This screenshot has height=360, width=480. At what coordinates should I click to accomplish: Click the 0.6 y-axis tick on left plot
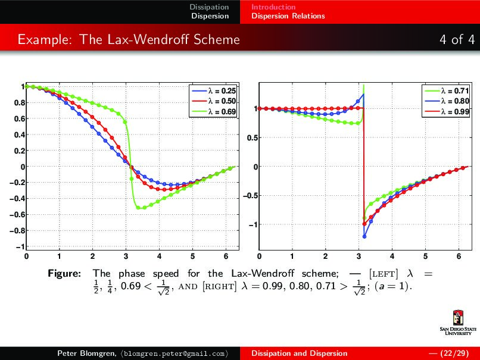pyautogui.click(x=18, y=119)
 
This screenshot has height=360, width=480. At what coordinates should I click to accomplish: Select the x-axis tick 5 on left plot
pyautogui.click(x=192, y=256)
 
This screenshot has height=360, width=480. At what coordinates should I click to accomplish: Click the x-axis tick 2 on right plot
pyautogui.click(x=325, y=256)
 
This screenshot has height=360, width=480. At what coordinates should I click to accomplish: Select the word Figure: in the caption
pyautogui.click(x=64, y=274)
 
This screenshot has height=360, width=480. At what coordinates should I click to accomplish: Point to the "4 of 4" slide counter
pyautogui.click(x=457, y=40)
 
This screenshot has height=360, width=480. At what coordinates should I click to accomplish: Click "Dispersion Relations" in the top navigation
pyautogui.click(x=288, y=16)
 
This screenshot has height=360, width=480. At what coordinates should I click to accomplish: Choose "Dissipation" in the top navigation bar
pyautogui.click(x=209, y=7)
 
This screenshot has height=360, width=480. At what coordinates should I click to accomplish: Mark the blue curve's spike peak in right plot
pyautogui.click(x=363, y=95)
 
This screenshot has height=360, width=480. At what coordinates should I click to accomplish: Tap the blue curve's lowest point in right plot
pyautogui.click(x=364, y=236)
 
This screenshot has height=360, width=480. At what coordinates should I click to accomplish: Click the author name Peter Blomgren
pyautogui.click(x=86, y=353)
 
